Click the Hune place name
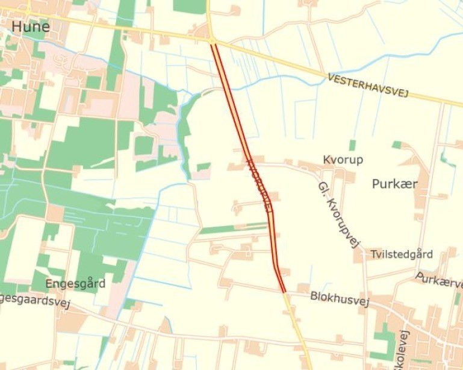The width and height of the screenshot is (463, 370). [30, 27]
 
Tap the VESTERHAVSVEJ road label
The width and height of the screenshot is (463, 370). [368, 86]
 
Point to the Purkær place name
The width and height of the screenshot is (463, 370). [394, 184]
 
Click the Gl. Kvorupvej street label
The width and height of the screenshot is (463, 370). [338, 214]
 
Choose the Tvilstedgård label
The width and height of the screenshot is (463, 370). [402, 254]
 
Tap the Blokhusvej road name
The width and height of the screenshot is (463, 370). [339, 298]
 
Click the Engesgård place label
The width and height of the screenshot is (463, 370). [75, 283]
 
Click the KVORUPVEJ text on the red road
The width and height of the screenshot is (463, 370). [259, 186]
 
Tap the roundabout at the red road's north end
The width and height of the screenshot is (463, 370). [213, 40]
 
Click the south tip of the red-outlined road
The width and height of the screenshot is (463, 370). [284, 292]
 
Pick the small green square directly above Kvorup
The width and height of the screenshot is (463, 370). [352, 145]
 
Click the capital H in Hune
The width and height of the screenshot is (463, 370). [17, 27]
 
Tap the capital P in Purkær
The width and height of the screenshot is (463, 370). [376, 184]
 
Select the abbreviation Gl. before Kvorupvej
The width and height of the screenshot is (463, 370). [322, 189]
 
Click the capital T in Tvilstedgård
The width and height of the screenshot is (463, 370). [374, 254]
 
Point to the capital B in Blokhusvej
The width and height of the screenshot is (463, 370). [314, 296]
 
